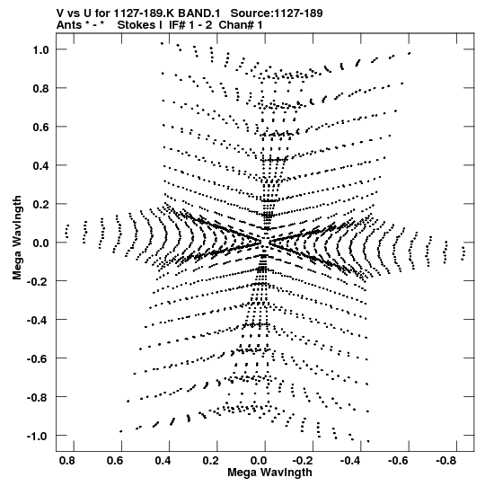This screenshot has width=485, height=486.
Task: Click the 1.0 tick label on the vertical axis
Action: point(41,49)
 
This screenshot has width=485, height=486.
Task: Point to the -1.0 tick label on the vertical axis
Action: point(38,436)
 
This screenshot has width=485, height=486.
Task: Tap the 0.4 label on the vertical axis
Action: point(41,165)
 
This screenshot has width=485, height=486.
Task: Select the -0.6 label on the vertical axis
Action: point(38,359)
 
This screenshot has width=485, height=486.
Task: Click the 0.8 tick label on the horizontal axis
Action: point(67,461)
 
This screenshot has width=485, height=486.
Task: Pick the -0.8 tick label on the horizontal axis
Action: point(445,461)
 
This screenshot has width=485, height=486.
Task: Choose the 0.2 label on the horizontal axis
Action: point(211,461)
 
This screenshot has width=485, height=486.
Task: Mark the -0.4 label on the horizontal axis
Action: point(350,461)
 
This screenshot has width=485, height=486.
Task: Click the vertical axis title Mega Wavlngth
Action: point(17,238)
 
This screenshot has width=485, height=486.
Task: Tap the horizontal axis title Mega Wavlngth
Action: point(269,473)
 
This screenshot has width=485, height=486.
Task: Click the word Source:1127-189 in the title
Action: point(277,13)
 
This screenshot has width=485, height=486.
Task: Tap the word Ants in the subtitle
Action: point(69,25)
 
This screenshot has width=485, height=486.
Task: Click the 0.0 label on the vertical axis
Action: point(41,243)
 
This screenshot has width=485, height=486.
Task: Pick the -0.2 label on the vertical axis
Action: point(38,281)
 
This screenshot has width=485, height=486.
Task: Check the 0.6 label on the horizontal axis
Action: point(115,461)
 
